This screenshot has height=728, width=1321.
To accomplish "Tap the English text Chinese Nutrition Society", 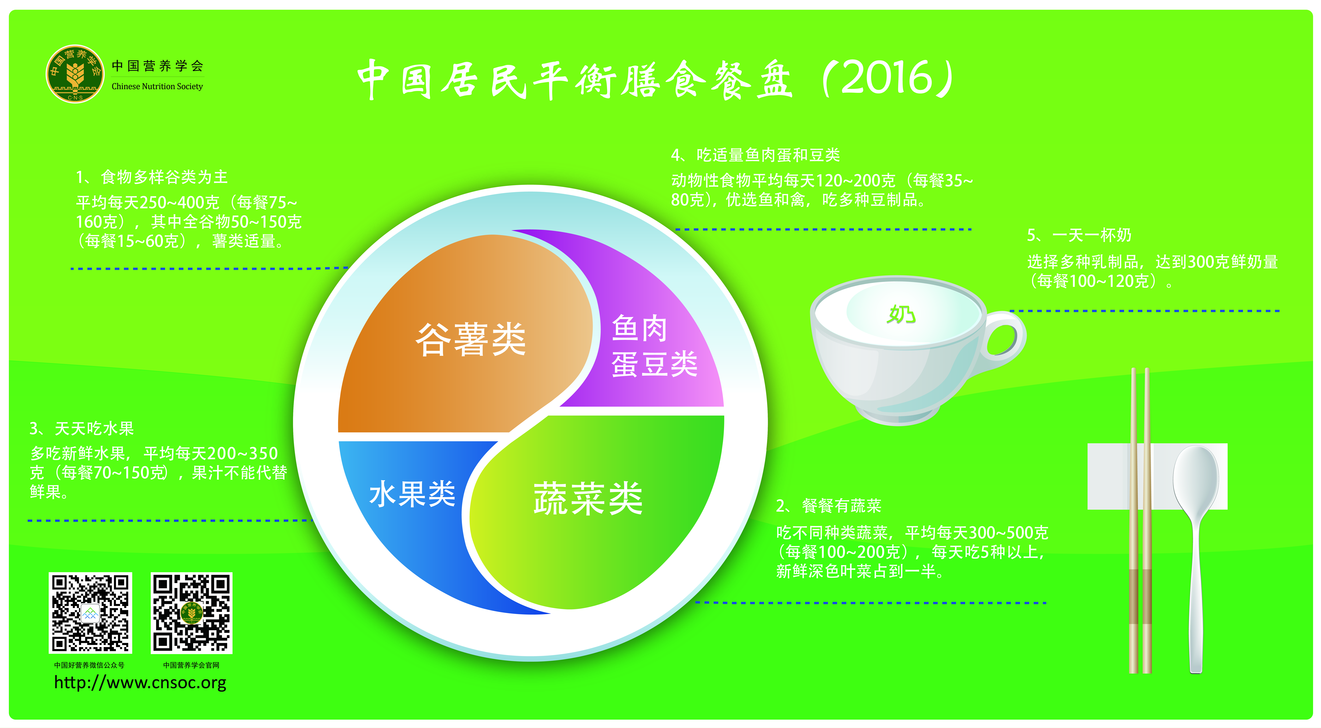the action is [157, 86].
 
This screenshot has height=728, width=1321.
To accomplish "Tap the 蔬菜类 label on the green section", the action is [588, 498].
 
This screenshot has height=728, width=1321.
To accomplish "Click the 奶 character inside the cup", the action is [901, 314].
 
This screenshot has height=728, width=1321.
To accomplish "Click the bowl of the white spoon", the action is [1195, 477].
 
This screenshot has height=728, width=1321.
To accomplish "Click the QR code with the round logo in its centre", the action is [191, 613].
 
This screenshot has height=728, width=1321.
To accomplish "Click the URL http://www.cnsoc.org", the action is [140, 683].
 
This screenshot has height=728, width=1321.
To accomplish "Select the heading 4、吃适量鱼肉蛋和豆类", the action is [755, 155].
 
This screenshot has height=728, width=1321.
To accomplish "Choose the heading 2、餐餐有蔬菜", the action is [829, 506].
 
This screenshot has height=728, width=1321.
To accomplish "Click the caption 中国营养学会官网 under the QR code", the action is [191, 665].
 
